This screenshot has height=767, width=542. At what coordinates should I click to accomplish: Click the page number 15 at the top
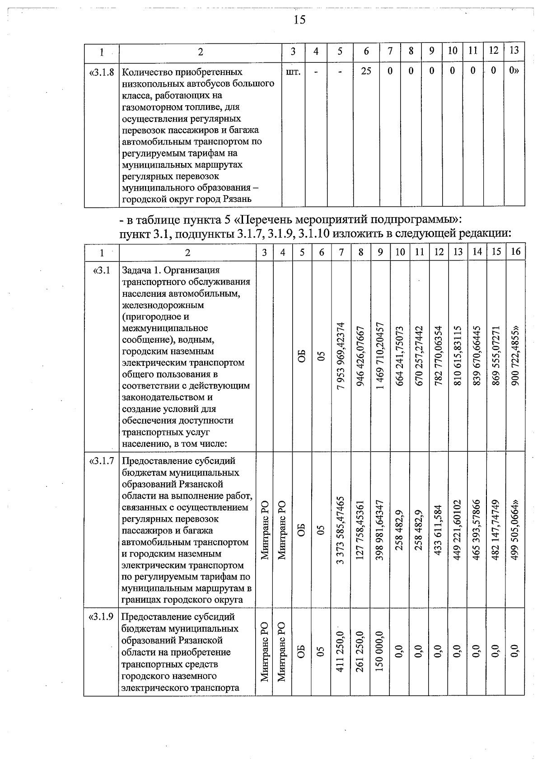pyautogui.click(x=299, y=19)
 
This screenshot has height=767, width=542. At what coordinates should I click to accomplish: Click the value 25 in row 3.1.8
pyautogui.click(x=366, y=72)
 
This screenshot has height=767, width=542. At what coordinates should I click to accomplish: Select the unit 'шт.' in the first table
pyautogui.click(x=293, y=72)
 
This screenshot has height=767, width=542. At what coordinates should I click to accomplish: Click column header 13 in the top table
pyautogui.click(x=514, y=51)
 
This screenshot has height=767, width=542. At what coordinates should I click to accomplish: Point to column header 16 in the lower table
pyautogui.click(x=515, y=252)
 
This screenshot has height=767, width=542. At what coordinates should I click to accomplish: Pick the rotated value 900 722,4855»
pyautogui.click(x=515, y=356)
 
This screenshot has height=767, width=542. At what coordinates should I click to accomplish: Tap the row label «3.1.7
pyautogui.click(x=102, y=461)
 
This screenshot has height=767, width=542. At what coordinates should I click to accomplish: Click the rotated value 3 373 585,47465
pyautogui.click(x=341, y=530)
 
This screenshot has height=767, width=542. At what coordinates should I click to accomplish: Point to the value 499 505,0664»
pyautogui.click(x=515, y=530)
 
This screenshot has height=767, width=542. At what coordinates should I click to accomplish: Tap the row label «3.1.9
pyautogui.click(x=102, y=617)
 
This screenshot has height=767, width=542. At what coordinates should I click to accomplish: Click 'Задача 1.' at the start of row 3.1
pyautogui.click(x=141, y=270)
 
